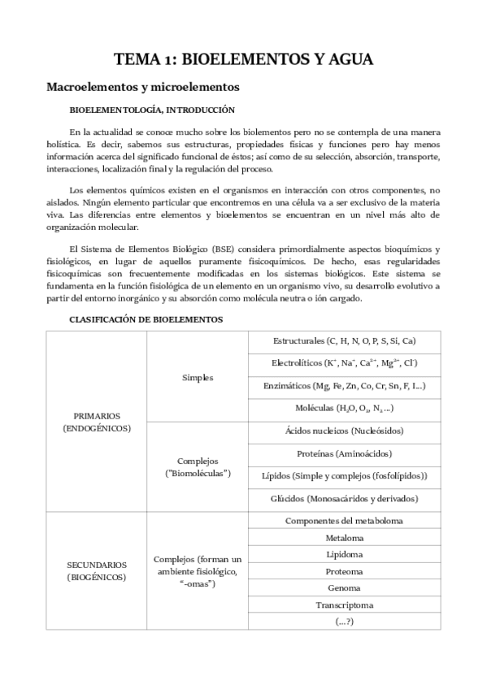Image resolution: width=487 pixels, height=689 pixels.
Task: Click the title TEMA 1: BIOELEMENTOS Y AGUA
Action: pyautogui.click(x=243, y=59)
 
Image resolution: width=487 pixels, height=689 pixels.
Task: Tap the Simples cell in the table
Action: pyautogui.click(x=198, y=378)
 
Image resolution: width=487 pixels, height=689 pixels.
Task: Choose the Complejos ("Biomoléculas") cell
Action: pyautogui.click(x=198, y=466)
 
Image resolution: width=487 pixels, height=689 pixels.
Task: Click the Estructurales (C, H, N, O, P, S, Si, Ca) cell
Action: pyautogui.click(x=345, y=341)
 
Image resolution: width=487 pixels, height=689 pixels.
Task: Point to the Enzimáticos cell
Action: pyautogui.click(x=345, y=386)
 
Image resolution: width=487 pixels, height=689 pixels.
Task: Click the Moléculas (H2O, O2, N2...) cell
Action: pyautogui.click(x=345, y=408)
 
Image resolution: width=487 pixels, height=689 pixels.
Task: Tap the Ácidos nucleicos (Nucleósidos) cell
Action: pyautogui.click(x=345, y=431)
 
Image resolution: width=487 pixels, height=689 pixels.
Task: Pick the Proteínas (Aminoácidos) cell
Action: pyautogui.click(x=345, y=453)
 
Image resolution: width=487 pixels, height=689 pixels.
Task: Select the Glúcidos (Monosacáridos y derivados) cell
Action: pyautogui.click(x=345, y=498)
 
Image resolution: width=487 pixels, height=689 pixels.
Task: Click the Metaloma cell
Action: pyautogui.click(x=345, y=538)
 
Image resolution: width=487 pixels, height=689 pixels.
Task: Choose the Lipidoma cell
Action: pyautogui.click(x=345, y=554)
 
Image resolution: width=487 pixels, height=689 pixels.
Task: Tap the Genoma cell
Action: pyautogui.click(x=345, y=587)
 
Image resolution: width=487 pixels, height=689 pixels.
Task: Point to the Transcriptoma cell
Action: pyautogui.click(x=345, y=604)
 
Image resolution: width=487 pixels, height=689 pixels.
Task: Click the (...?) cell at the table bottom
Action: pyautogui.click(x=345, y=622)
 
